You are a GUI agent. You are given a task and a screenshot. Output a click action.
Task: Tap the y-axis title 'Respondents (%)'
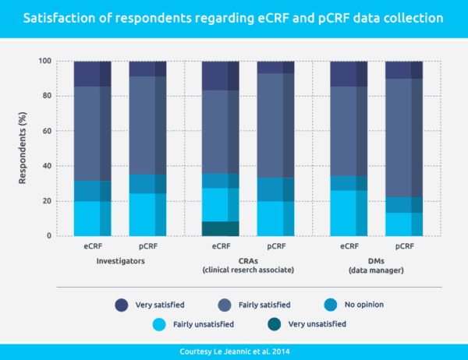(24, 149)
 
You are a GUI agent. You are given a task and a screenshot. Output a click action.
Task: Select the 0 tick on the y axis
(49, 236)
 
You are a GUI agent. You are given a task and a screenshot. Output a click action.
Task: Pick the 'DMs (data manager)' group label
(376, 266)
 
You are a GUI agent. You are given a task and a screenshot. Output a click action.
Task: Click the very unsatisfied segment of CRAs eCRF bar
(220, 228)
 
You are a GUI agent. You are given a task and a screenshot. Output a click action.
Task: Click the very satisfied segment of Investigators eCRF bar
(92, 73)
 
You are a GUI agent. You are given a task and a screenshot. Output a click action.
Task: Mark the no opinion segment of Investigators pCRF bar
(147, 183)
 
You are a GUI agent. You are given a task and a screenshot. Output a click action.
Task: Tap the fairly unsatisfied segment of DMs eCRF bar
(348, 213)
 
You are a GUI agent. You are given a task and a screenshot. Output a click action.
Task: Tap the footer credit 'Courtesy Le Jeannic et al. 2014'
(234, 350)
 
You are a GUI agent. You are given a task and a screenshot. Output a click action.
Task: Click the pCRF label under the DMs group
(404, 246)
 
